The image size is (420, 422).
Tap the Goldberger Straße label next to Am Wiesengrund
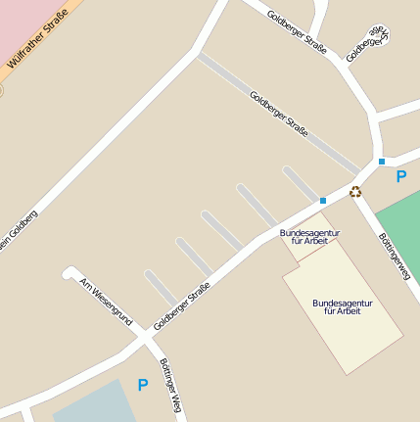coord(183,305)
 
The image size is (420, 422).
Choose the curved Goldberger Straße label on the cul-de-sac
coord(370,43)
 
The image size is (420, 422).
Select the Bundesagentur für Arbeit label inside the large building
coord(343,306)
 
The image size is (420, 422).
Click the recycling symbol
coord(355,192)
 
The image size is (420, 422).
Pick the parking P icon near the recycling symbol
coord(400,177)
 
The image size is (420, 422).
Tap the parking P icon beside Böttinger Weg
coord(143,386)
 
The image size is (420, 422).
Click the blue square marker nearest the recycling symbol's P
coord(382,162)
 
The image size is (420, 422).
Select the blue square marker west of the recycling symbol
coord(323,200)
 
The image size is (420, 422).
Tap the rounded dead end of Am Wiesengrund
coord(70,272)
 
